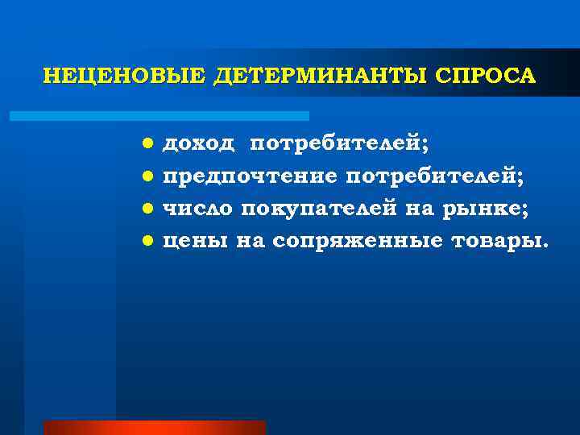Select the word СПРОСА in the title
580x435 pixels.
[x=484, y=76]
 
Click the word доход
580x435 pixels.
[x=199, y=144]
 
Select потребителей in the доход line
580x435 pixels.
[x=339, y=144]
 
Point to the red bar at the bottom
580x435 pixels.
[x=154, y=427]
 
